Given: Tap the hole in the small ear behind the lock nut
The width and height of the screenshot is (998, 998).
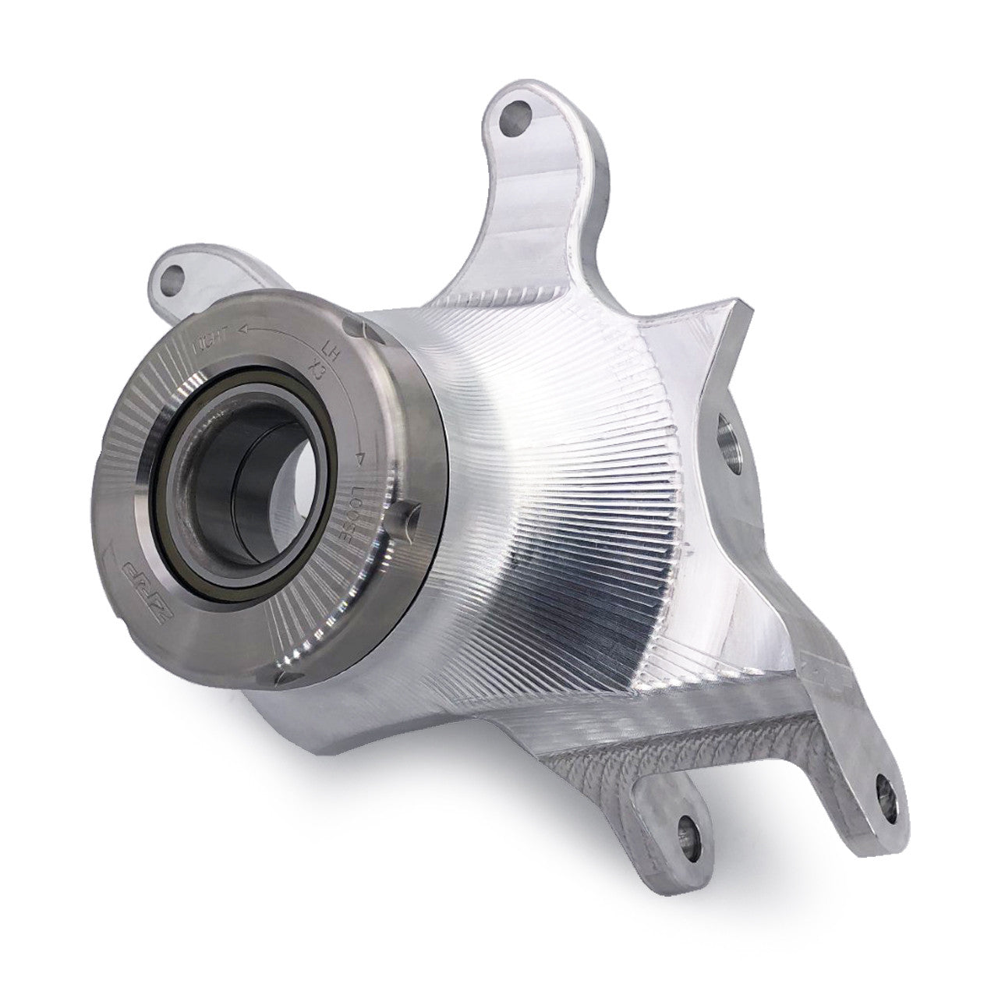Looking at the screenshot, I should pyautogui.click(x=172, y=275).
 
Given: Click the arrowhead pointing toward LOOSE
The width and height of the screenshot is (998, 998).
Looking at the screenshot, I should pyautogui.click(x=360, y=460).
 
